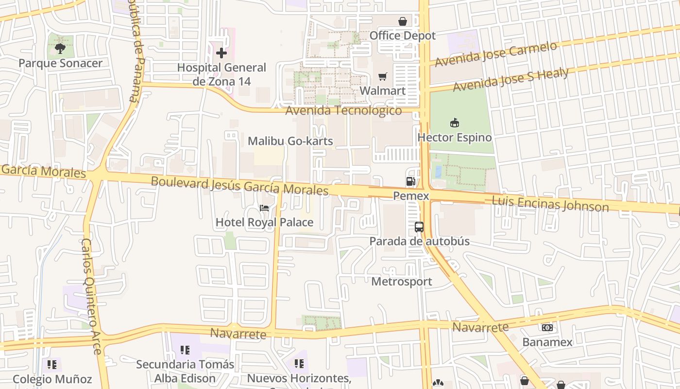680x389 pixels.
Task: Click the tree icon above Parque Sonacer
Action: point(60,48)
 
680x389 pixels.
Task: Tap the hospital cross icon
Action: point(221,53)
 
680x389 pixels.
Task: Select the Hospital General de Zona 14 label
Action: point(221,74)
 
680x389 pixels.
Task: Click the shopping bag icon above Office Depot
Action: point(403,21)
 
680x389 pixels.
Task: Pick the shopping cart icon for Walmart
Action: point(383,76)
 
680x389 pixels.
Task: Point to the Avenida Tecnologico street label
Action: point(343,110)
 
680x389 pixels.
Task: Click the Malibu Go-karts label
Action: point(290,141)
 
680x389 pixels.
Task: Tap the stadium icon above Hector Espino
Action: point(455,123)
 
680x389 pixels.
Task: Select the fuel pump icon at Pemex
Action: point(411,181)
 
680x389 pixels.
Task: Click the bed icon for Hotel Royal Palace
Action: point(264,208)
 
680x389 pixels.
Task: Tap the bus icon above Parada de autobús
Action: point(419,227)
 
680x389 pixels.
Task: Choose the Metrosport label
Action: point(401,282)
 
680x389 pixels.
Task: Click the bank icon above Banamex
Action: point(547,328)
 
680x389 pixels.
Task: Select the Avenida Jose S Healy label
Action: point(510,80)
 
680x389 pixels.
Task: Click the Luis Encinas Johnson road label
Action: point(550,204)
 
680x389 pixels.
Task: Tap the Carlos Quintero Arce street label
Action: point(91,296)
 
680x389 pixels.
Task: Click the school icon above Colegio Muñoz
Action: point(52,364)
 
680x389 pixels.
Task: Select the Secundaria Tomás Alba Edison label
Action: point(185,371)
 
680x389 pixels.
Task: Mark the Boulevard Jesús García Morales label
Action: point(239,186)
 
